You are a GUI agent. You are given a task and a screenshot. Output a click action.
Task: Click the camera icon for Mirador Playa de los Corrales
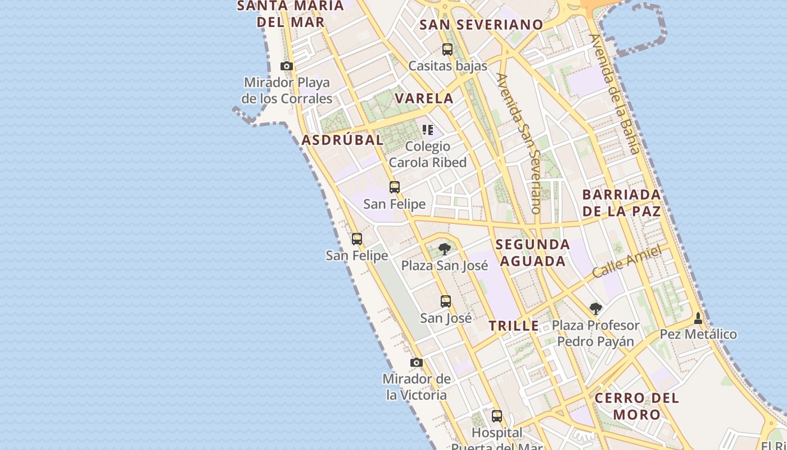click(287, 66)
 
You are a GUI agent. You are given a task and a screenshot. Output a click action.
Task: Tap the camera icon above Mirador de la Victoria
click(416, 363)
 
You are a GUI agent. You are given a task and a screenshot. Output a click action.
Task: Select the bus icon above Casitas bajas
click(447, 49)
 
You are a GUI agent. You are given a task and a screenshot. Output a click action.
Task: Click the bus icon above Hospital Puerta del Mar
click(497, 416)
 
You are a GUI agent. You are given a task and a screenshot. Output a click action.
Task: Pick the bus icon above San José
click(446, 301)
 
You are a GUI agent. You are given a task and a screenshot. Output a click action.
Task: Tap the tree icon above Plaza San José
click(445, 249)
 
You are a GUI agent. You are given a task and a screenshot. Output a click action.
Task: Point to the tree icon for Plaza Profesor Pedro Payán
click(596, 309)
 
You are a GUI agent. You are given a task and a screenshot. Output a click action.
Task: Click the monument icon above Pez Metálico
click(698, 318)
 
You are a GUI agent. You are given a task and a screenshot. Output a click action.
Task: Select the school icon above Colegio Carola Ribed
click(428, 130)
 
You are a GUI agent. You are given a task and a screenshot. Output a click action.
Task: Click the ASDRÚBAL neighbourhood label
click(342, 140)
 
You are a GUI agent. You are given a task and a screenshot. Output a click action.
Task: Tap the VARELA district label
click(424, 98)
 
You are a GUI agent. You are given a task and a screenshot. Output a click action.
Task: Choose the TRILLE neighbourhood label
click(514, 326)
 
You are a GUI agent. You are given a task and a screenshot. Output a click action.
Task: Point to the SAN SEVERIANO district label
click(481, 25)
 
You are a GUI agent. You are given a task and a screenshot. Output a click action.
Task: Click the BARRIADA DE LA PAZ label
click(622, 203)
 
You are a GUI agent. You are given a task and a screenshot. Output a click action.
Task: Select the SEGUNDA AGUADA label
click(533, 253)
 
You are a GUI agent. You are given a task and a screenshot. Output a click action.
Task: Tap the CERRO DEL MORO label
click(637, 406)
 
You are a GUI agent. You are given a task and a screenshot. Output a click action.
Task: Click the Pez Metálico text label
click(698, 334)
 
